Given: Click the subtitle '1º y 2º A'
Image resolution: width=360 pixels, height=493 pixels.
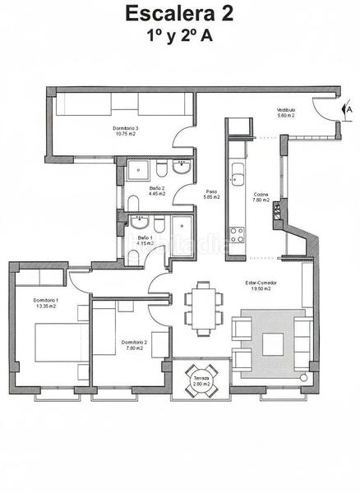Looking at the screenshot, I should click(x=178, y=36).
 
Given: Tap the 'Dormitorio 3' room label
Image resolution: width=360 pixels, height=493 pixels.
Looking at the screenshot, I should click(x=125, y=128).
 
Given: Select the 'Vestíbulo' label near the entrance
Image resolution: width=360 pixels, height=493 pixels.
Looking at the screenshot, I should click(x=285, y=113).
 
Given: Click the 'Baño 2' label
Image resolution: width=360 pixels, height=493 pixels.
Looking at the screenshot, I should click(x=157, y=191).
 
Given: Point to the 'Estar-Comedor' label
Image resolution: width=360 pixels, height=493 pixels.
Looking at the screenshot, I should click(x=261, y=286).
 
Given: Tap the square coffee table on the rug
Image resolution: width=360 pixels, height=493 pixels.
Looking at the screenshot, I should click(x=273, y=343).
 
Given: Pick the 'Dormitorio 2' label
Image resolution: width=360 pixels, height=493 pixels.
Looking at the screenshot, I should click(x=133, y=344).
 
